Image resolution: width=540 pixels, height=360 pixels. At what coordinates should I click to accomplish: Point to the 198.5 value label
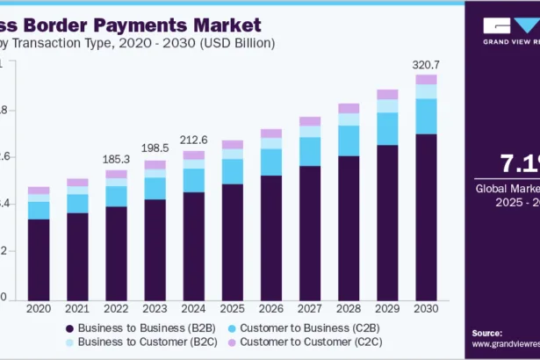click(155, 149)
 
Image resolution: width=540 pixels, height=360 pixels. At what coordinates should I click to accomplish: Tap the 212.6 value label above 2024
click(193, 139)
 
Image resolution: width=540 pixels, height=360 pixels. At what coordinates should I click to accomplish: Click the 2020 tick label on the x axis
click(39, 309)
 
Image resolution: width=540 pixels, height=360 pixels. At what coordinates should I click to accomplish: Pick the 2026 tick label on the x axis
click(270, 309)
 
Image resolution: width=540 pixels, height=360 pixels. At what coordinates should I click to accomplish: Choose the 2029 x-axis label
click(387, 309)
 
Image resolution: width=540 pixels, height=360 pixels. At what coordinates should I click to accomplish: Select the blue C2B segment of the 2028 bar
click(349, 140)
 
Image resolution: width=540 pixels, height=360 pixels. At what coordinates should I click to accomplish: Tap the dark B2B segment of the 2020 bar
click(39, 258)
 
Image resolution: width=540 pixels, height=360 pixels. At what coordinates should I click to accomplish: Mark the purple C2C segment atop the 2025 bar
click(232, 145)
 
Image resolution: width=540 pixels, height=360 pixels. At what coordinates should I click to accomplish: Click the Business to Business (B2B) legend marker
click(68, 328)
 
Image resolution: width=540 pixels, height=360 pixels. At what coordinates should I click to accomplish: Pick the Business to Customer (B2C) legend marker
click(68, 342)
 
